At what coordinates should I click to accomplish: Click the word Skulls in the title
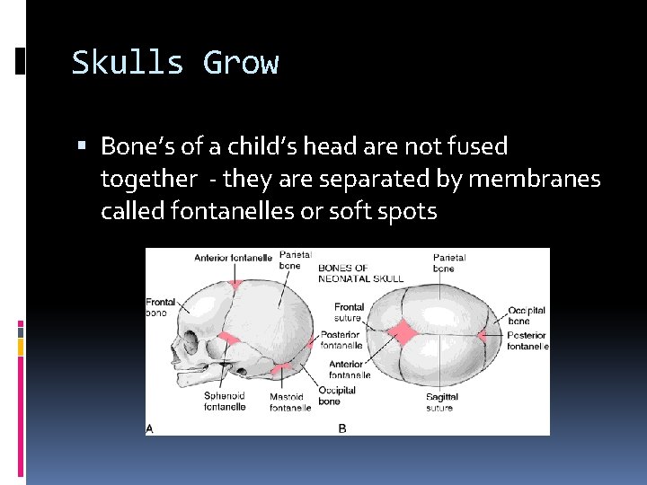(x=128, y=64)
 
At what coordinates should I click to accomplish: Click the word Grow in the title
(x=241, y=64)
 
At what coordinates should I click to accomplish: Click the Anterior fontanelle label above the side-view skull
(x=233, y=258)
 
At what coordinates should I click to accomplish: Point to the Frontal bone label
(x=161, y=307)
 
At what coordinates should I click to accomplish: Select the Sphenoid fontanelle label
(x=224, y=401)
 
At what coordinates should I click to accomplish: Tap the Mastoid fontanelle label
(x=290, y=401)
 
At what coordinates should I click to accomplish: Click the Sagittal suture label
(x=442, y=401)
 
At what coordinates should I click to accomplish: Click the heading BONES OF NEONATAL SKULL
(x=360, y=273)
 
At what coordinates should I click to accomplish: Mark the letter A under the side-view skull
(x=150, y=428)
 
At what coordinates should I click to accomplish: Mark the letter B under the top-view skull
(x=342, y=428)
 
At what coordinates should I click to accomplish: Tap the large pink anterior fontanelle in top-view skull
(x=403, y=333)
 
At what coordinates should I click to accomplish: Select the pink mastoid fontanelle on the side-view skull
(x=281, y=366)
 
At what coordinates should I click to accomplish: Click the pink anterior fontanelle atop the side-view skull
(x=236, y=284)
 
